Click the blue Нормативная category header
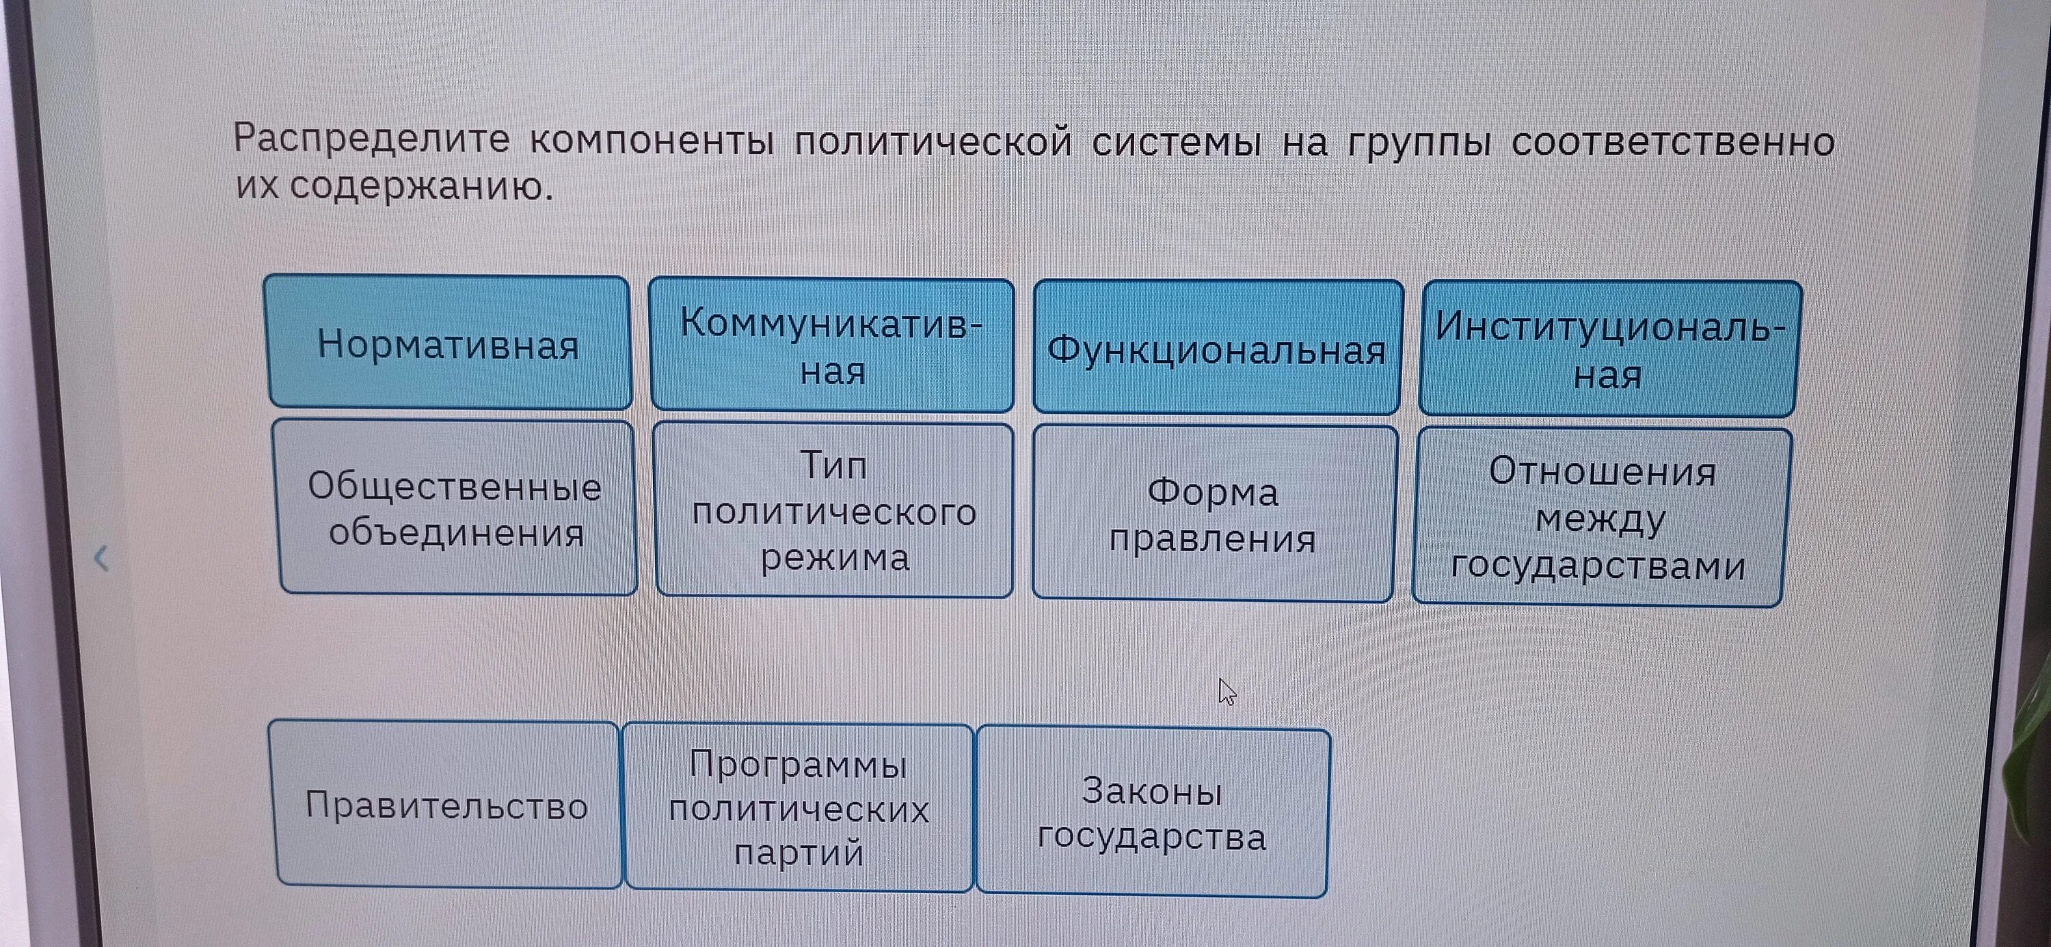pyautogui.click(x=448, y=344)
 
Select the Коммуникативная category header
pyautogui.click(x=831, y=346)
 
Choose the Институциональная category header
pyautogui.click(x=1608, y=349)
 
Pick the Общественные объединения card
pyautogui.click(x=456, y=508)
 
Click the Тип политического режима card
pyautogui.click(x=833, y=511)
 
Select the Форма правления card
pyautogui.click(x=1213, y=514)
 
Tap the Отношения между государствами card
pyautogui.click(x=1600, y=517)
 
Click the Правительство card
pyautogui.click(x=446, y=806)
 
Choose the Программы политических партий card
pyautogui.click(x=799, y=808)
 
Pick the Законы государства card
pyautogui.click(x=1152, y=813)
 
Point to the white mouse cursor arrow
pyautogui.click(x=1226, y=691)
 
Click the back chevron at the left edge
pyautogui.click(x=101, y=559)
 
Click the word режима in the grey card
pyautogui.click(x=834, y=558)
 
